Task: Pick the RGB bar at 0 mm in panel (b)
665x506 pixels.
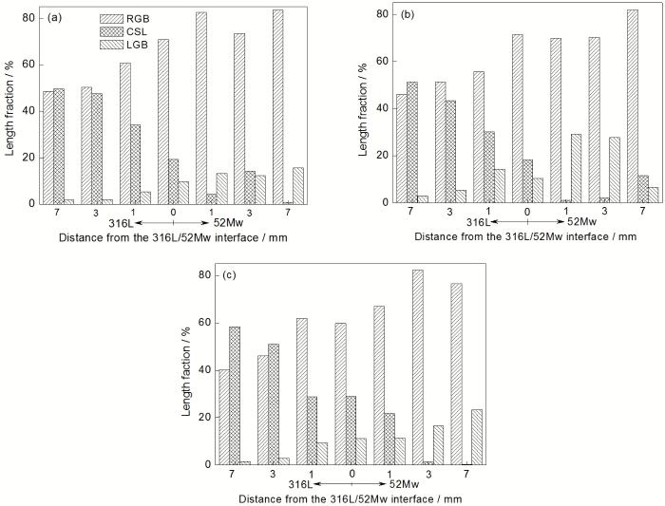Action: point(518,118)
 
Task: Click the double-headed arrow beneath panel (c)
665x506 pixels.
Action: point(351,484)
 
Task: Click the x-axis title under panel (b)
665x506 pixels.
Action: point(517,236)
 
